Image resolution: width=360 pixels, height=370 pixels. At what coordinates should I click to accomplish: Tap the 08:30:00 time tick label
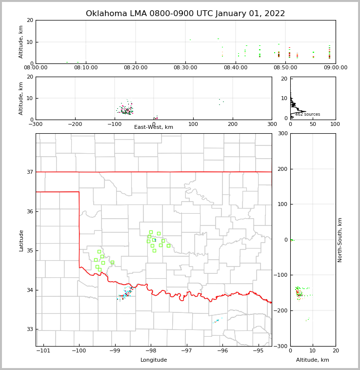click(x=185, y=68)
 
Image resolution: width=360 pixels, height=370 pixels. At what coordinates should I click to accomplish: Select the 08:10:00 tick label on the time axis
click(x=86, y=68)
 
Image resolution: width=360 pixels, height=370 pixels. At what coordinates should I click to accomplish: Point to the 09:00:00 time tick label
click(x=335, y=68)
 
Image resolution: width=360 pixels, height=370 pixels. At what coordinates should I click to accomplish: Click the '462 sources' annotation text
click(x=307, y=114)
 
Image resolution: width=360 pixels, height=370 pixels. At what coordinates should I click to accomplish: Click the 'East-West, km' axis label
click(x=154, y=127)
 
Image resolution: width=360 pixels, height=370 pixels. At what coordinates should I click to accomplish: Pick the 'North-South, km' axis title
click(x=340, y=240)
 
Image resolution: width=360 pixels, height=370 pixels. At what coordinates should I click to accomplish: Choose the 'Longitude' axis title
click(x=154, y=360)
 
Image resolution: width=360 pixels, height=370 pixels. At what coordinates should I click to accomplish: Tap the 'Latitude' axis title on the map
click(x=21, y=240)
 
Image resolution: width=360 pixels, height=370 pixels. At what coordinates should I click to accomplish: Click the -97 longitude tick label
click(x=186, y=350)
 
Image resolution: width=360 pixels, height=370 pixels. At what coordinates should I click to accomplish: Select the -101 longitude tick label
click(x=43, y=350)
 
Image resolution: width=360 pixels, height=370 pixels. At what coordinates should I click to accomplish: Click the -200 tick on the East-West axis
click(x=75, y=124)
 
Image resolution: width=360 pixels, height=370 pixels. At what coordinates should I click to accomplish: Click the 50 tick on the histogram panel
click(x=313, y=124)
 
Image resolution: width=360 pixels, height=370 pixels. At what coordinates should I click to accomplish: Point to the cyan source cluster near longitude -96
click(x=217, y=321)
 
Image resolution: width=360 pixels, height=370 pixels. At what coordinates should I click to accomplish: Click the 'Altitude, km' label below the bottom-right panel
click(x=313, y=360)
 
